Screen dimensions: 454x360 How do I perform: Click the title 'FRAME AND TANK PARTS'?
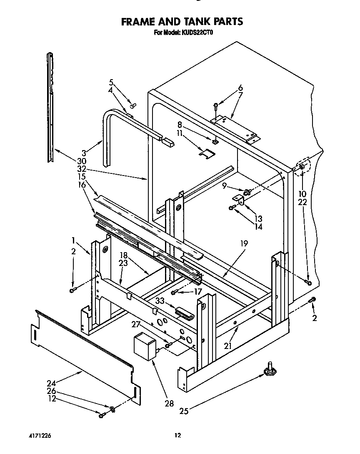[182, 21]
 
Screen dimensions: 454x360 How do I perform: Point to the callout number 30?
[81, 161]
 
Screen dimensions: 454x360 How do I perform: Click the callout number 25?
[184, 411]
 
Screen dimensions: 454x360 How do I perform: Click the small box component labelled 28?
[144, 345]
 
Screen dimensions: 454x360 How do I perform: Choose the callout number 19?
[244, 243]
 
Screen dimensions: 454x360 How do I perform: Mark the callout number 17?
[198, 292]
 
